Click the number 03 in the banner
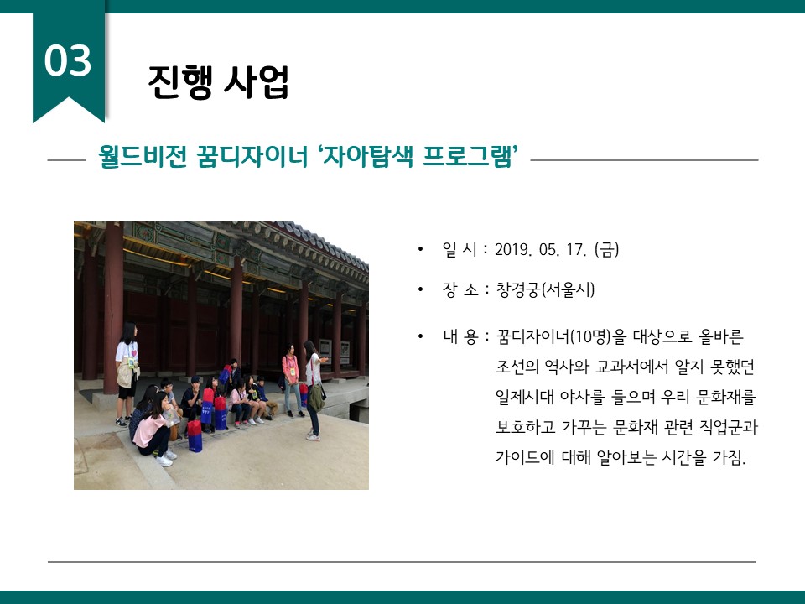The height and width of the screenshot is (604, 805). pos(68,60)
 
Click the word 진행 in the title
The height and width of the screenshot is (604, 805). pos(179,81)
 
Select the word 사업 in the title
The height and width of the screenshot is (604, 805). pos(257,81)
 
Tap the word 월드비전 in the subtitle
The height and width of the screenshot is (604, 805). pos(143,156)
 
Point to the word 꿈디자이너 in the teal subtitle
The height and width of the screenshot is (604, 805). pos(252,156)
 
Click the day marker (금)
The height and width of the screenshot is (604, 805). pos(606,250)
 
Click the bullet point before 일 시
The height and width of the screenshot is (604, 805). pos(420,250)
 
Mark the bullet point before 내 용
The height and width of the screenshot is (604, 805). pos(420,337)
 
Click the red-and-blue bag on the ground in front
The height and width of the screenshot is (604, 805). pos(195,436)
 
